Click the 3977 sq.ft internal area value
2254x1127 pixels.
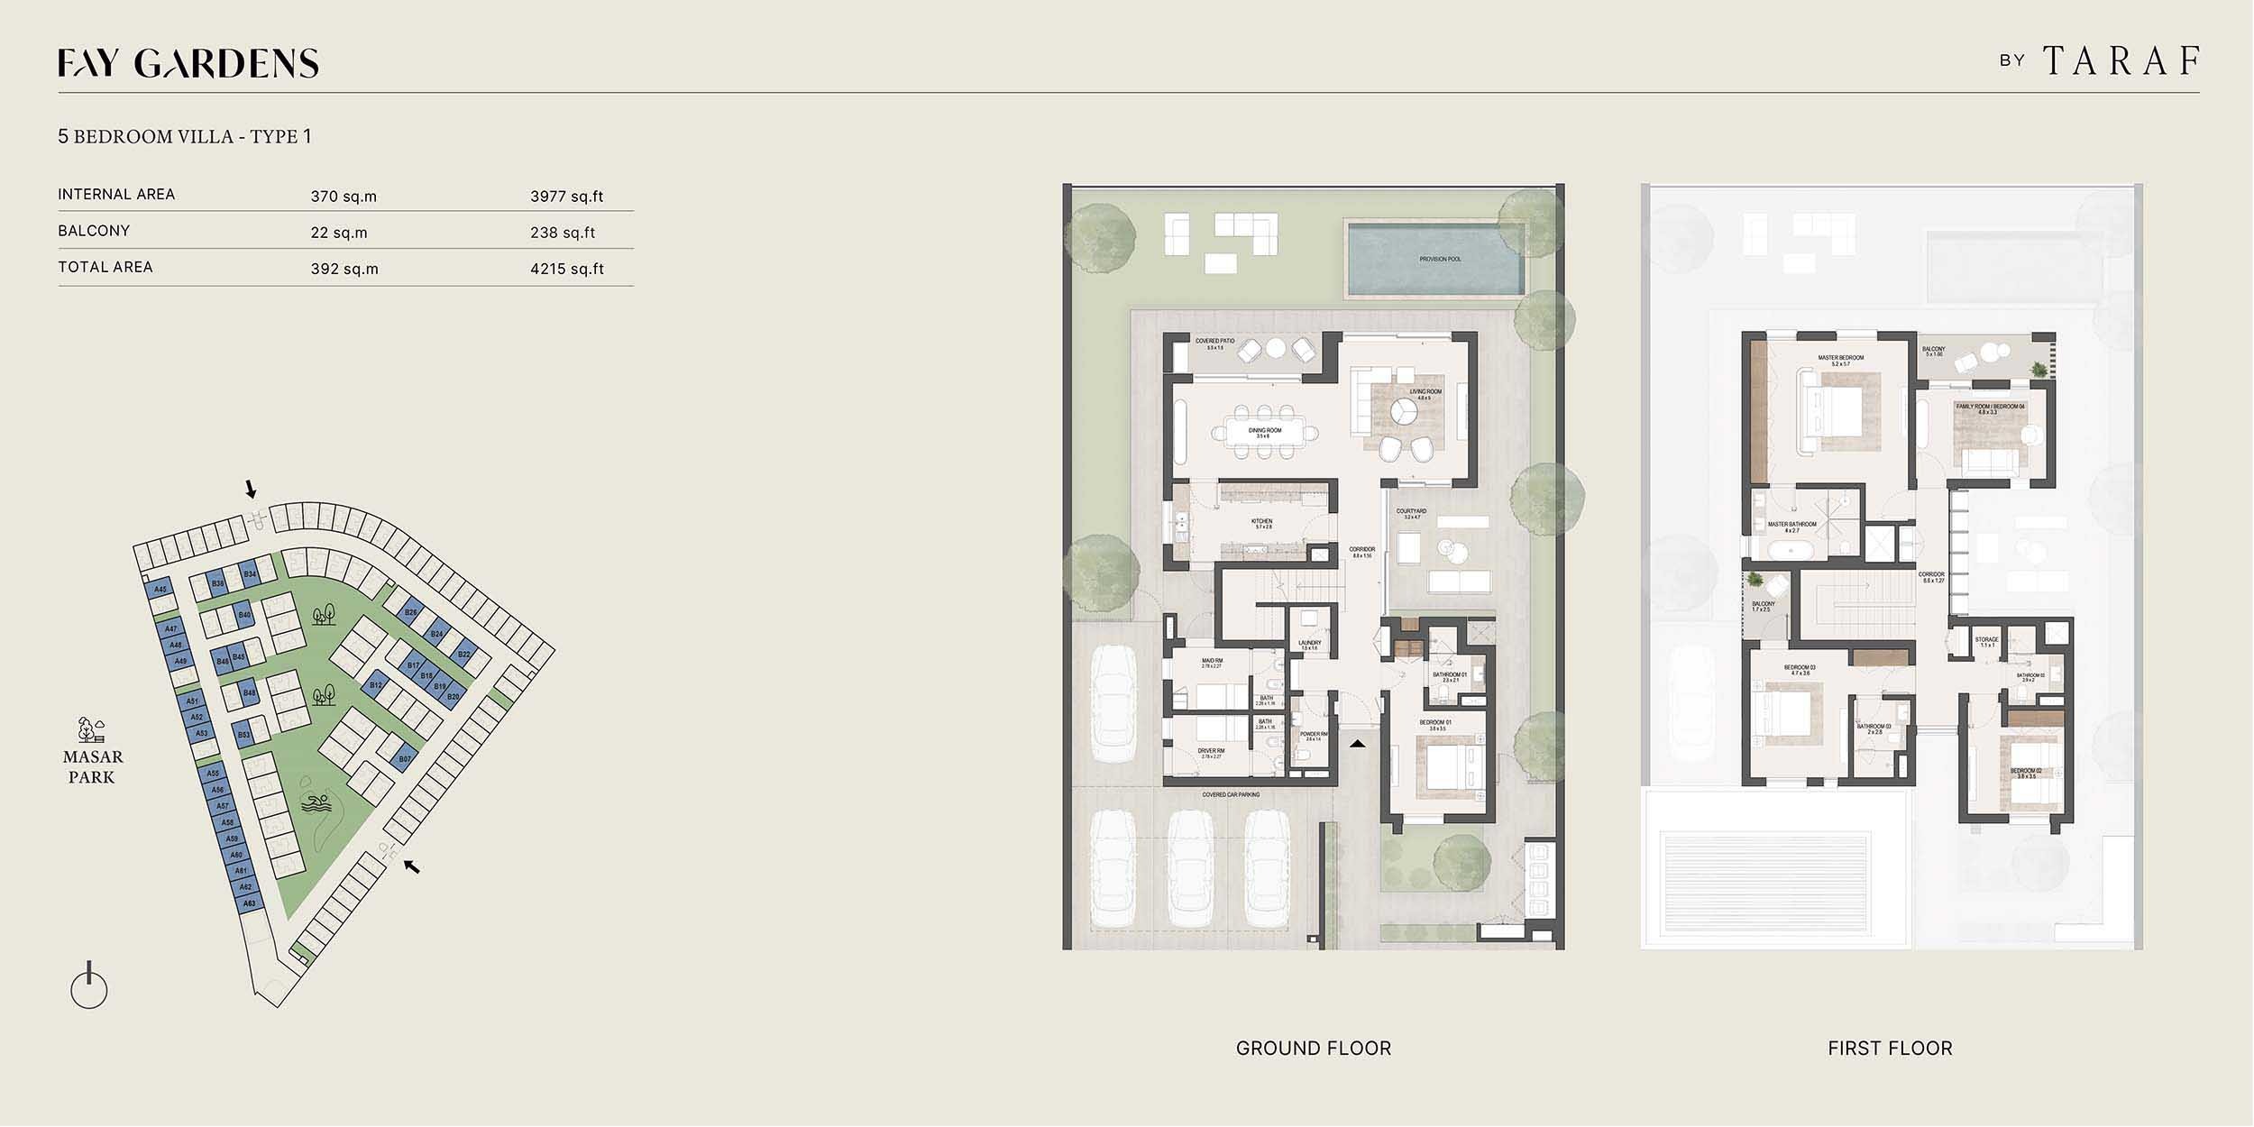click(566, 197)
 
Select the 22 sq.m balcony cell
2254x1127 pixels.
click(339, 233)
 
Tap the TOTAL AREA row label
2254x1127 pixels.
click(105, 267)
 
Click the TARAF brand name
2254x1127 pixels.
click(2120, 61)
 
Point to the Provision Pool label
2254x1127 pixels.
click(1440, 260)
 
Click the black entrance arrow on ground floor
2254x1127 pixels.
click(1358, 745)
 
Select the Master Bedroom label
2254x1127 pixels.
click(1840, 359)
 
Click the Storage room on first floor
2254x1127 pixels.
click(1986, 641)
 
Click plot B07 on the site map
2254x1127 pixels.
click(405, 759)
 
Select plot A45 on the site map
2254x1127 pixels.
click(160, 590)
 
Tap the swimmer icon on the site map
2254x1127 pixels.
click(316, 804)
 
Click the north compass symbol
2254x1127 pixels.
click(88, 987)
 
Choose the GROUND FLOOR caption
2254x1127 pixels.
click(1313, 1049)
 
